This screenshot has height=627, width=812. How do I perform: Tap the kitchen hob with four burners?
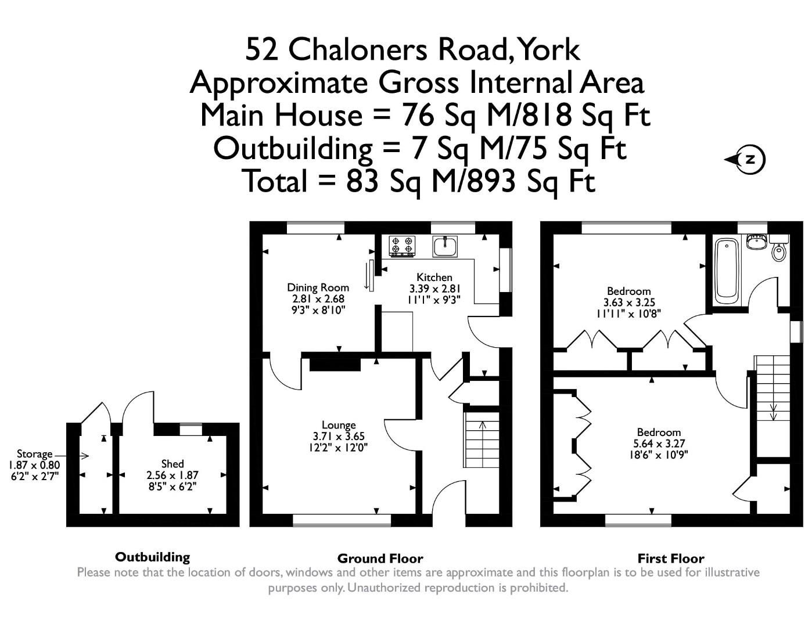[x=403, y=246]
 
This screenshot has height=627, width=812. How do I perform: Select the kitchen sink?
[x=445, y=246]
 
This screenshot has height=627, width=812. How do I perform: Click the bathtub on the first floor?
[x=726, y=271]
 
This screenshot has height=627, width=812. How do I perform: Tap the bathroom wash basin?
[x=756, y=242]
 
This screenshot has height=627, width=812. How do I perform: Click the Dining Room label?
[x=318, y=287]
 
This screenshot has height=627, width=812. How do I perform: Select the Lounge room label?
[x=339, y=425]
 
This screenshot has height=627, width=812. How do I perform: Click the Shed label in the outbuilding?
[x=173, y=463]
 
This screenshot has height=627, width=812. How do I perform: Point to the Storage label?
[x=34, y=454]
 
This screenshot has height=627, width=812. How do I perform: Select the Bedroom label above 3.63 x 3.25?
[x=629, y=291]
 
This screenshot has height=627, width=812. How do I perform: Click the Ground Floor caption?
[x=380, y=558]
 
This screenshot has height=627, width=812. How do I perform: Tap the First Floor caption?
[x=671, y=558]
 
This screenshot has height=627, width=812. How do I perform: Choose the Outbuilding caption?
[x=152, y=557]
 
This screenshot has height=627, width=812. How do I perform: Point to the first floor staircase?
[x=772, y=388]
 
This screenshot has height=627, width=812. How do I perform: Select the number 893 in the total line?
[x=493, y=181]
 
